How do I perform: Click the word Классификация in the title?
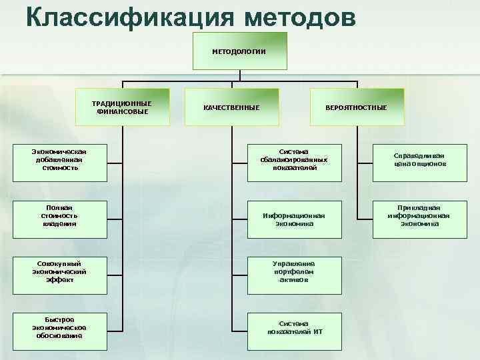coord(130,16)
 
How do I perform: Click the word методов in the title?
coord(300,16)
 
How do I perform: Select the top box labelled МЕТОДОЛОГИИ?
coord(239,51)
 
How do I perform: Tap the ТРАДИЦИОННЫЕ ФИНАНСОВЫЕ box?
coord(122,107)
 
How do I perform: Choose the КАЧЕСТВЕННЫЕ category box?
coord(231,107)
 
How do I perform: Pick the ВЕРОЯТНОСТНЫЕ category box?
coord(356,107)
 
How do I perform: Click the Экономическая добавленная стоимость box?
coord(59,159)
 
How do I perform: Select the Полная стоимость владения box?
coord(59,216)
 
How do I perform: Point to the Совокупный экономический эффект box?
coord(59,271)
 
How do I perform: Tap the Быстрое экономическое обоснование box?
coord(59,327)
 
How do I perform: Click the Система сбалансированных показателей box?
coord(295,159)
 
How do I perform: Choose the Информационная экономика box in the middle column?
coord(295,219)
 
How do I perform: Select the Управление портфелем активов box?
coord(295,271)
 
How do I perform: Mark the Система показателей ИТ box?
coord(295,327)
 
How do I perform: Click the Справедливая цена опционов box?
coord(419,159)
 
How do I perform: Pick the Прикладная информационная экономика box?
coord(419,216)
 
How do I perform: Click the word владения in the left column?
coord(59,224)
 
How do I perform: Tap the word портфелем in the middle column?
coord(295,272)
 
